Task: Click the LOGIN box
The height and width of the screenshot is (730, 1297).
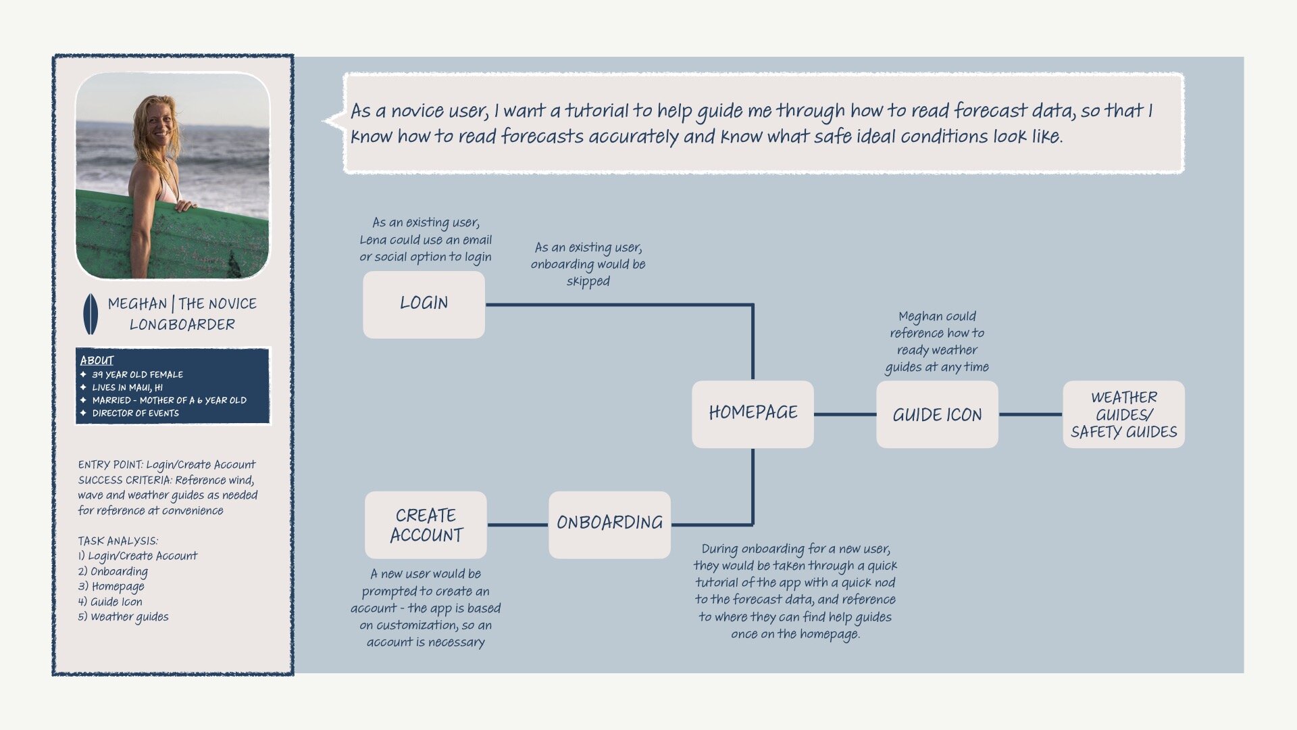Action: coord(424,304)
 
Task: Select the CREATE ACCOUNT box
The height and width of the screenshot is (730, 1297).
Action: coord(426,525)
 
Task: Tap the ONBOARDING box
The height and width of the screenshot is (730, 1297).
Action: coord(609,525)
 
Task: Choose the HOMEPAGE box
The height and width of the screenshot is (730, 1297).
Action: coord(753,414)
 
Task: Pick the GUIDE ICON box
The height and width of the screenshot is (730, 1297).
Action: coord(937,414)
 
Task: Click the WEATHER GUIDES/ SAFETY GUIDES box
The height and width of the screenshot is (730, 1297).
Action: coord(1123,414)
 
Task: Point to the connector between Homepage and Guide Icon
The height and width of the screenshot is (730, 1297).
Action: coord(844,414)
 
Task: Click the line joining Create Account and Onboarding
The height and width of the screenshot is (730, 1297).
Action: coord(517,525)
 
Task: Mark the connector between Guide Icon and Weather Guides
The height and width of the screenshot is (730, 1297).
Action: coord(1030,414)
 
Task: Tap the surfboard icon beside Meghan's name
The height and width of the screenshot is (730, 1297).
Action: coord(90,314)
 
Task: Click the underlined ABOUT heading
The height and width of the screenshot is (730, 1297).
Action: coord(97,360)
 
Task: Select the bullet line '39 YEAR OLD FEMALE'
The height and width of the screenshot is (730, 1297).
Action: coord(137,374)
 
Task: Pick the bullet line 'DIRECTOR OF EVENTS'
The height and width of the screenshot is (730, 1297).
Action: coord(135,413)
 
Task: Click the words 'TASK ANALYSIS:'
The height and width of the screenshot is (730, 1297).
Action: coord(118,541)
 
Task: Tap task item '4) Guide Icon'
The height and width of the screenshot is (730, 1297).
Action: coord(110,602)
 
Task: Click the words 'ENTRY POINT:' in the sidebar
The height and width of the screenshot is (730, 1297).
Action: coord(110,465)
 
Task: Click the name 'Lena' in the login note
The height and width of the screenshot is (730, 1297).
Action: coord(373,240)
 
